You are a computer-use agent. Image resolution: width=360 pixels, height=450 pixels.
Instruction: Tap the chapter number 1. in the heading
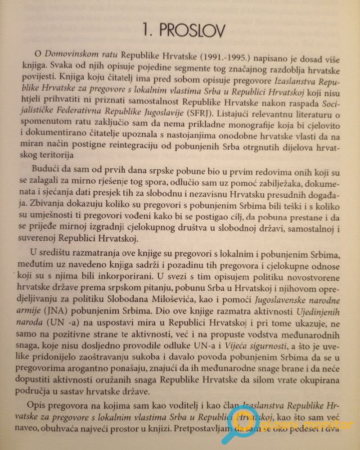point(148,30)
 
